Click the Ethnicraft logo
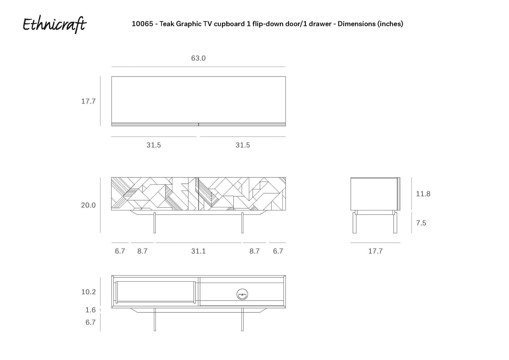point(55,25)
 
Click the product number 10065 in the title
point(142,24)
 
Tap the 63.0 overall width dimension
point(198,58)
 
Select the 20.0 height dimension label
point(88,205)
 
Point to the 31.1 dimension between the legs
point(198,251)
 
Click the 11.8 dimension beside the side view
point(423,194)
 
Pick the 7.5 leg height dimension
point(421,223)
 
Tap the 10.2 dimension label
point(88,292)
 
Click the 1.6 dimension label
point(90,310)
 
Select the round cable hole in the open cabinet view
point(242,294)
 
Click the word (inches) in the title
point(390,24)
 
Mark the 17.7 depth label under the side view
point(375,251)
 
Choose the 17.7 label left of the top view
point(88,101)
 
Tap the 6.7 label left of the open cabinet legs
point(90,322)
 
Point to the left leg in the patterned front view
point(154,223)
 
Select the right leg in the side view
point(395,223)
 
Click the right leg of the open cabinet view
point(242,319)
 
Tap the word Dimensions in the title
point(357,24)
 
